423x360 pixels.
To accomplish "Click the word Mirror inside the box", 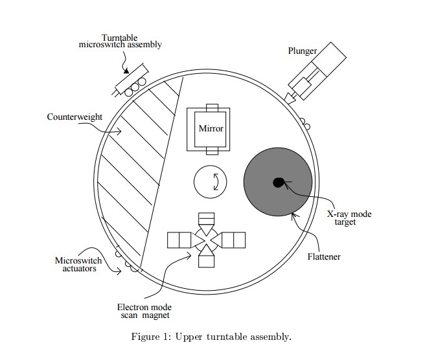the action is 211,128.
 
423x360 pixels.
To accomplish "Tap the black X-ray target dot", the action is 279,183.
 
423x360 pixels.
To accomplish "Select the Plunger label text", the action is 303,51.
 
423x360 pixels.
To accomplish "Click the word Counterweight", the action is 74,117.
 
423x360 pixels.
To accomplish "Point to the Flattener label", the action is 324,256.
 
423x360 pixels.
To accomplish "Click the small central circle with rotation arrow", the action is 210,182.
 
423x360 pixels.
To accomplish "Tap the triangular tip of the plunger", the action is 290,98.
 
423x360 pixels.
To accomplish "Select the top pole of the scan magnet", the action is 207,223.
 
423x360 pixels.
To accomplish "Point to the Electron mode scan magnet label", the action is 144,311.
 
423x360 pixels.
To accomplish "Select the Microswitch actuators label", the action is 78,264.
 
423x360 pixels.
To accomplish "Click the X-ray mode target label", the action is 349,218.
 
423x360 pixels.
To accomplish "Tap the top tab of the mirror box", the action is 212,107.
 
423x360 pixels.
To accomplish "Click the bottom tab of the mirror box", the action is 212,151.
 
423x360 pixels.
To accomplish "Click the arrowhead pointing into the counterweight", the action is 118,131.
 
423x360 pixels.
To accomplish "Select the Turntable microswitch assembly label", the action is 120,41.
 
